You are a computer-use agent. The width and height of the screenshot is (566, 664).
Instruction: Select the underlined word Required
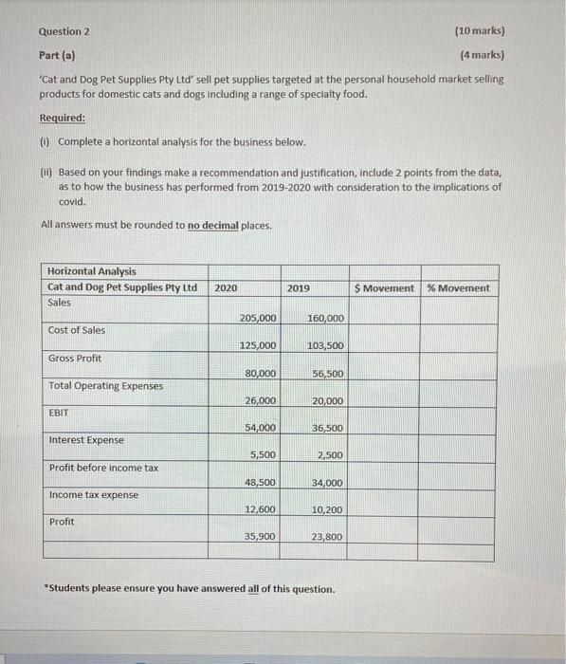[x=62, y=119]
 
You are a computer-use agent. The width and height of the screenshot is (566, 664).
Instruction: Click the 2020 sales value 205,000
[x=258, y=318]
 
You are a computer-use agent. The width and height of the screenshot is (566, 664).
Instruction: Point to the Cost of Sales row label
[x=77, y=330]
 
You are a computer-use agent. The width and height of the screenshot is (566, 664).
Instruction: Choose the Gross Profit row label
[x=76, y=358]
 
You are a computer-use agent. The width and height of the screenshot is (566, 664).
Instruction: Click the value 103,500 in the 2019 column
[x=325, y=345]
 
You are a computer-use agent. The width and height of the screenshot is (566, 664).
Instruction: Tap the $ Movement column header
[x=384, y=287]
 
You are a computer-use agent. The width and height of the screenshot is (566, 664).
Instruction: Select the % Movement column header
[x=459, y=287]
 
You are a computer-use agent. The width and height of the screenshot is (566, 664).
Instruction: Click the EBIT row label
[x=59, y=413]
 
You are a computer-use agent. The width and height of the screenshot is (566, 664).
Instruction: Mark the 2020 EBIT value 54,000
[x=260, y=428]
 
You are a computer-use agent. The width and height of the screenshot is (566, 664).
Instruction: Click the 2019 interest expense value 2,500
[x=330, y=455]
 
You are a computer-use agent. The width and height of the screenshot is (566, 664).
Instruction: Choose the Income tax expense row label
[x=93, y=494]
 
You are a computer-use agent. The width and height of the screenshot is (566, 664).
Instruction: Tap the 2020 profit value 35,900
[x=260, y=537]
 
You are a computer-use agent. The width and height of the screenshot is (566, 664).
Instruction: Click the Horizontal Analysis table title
[x=92, y=272]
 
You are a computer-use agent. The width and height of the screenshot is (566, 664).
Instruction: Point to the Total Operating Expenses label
[x=104, y=385]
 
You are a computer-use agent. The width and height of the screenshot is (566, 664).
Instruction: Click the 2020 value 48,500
[x=260, y=483]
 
